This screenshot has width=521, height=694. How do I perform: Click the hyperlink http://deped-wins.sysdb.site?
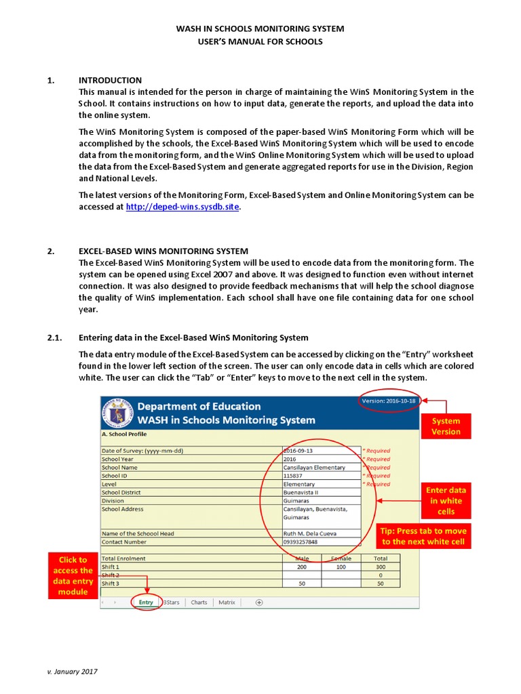[183, 207]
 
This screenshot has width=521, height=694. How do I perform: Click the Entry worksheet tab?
[146, 602]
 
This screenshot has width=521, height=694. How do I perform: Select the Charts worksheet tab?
[199, 602]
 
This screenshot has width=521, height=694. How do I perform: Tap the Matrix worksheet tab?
[227, 602]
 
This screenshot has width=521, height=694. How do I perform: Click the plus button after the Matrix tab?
[258, 602]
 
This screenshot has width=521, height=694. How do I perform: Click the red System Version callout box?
[446, 426]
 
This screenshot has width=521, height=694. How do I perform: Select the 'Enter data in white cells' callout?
[446, 500]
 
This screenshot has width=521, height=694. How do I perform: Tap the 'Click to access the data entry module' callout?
[73, 575]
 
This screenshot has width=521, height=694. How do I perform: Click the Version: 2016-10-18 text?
[389, 401]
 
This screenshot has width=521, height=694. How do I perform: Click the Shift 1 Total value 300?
[381, 567]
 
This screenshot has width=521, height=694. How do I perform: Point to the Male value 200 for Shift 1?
[301, 567]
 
